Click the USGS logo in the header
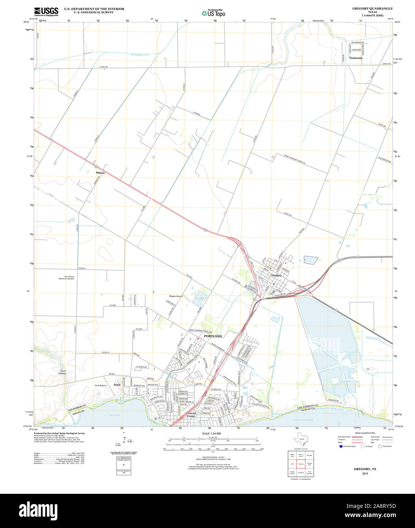click(46, 11)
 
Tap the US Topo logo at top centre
click(213, 13)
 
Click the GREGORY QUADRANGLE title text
click(372, 8)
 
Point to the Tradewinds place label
click(356, 58)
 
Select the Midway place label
click(100, 173)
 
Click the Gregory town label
click(276, 275)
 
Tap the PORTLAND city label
click(213, 336)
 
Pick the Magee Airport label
click(176, 296)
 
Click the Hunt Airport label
click(101, 385)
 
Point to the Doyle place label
click(117, 385)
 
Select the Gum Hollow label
click(63, 372)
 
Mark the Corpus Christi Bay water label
click(306, 420)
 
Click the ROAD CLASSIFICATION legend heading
click(364, 433)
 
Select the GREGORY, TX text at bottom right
click(365, 469)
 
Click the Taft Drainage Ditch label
click(139, 55)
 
